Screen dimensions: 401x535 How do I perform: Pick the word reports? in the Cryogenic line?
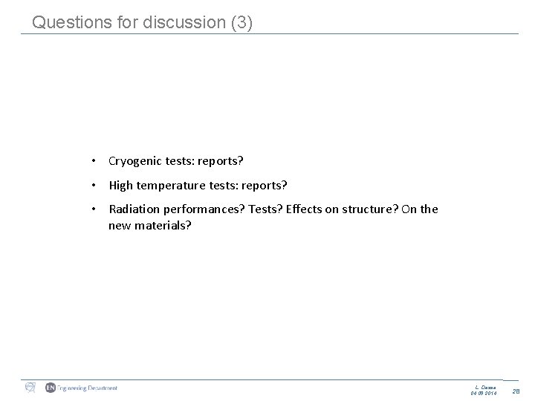click(221, 160)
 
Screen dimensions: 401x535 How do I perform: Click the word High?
click(121, 185)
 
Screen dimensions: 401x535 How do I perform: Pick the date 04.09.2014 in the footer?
click(483, 392)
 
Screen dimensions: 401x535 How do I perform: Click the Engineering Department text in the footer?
click(86, 388)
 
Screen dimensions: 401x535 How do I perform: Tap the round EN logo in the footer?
click(51, 388)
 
